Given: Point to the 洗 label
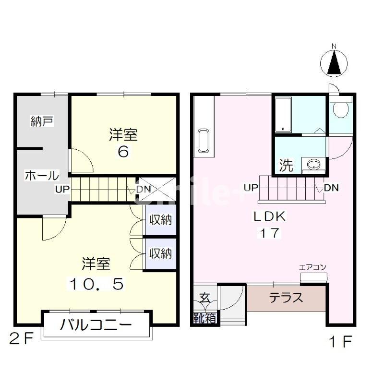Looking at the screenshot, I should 286,166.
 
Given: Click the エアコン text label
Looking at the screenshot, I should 312,267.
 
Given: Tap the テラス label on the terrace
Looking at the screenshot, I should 286,298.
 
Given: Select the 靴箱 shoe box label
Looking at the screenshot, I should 204,318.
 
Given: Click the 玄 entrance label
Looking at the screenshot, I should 204,298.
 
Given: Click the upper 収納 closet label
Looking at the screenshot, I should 160,220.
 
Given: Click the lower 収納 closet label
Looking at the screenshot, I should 160,253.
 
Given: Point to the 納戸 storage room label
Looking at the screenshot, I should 42,121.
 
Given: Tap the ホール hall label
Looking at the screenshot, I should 42,176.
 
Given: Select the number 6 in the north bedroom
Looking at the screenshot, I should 123,152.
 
